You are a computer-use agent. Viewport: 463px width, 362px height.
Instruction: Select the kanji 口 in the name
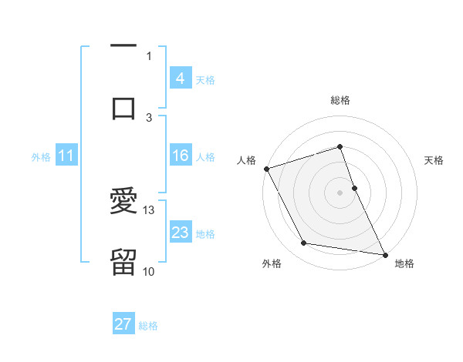(123, 108)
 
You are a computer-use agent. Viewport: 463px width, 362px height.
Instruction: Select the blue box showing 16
(180, 156)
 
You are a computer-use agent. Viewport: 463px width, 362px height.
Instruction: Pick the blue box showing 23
(180, 233)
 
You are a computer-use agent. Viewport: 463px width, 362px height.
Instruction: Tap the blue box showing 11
(66, 156)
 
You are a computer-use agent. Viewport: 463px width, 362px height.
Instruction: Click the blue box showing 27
(123, 324)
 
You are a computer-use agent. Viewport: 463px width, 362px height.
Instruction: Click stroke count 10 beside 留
(149, 271)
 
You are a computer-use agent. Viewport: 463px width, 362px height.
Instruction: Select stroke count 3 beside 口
(149, 117)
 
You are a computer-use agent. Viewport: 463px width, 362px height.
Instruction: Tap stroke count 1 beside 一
(149, 55)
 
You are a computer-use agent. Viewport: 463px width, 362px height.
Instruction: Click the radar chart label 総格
(340, 100)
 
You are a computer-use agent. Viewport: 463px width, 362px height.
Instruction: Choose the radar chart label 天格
(434, 160)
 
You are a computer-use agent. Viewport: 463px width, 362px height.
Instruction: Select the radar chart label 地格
(404, 263)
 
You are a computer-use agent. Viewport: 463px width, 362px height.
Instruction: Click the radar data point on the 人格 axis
(267, 169)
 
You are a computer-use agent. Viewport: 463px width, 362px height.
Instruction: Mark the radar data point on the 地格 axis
(384, 253)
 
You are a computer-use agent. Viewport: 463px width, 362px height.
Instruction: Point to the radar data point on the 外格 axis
(304, 243)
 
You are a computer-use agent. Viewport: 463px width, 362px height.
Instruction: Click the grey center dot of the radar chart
(340, 193)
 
